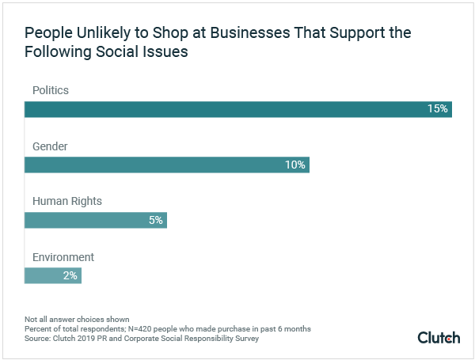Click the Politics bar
coord(237,109)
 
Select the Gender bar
coord(166,165)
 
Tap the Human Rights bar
coord(95,220)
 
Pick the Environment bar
coord(52,275)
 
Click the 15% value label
coord(438,109)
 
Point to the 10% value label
coord(295,165)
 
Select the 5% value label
coord(155,220)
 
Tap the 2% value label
coord(70,275)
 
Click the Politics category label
coord(51,91)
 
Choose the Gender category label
coord(50,146)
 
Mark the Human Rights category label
coord(67,202)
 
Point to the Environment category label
coord(63,257)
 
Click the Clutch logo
coord(439,338)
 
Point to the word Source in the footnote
coord(37,339)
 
